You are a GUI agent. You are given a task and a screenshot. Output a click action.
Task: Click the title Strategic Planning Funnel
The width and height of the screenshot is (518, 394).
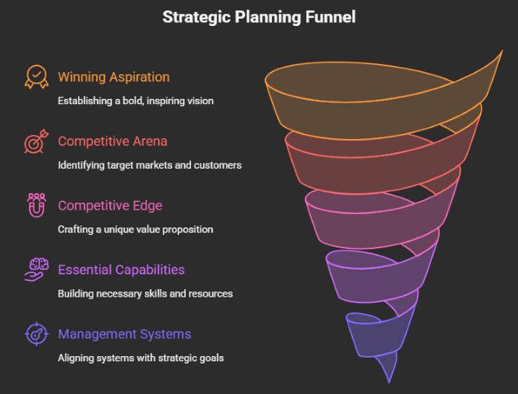tap(259, 17)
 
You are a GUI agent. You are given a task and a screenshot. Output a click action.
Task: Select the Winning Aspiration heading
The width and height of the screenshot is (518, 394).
tap(114, 77)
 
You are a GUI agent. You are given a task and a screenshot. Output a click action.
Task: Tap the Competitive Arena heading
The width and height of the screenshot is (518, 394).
tap(112, 141)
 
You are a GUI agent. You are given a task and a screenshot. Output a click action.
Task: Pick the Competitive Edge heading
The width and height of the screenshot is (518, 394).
tap(110, 206)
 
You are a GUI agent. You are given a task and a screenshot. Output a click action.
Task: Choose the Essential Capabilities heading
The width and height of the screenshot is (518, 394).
tap(121, 270)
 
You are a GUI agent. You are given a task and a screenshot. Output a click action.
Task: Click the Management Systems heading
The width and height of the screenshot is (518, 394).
tap(124, 335)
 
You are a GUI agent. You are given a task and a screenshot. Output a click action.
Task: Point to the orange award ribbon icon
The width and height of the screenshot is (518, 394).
tap(36, 77)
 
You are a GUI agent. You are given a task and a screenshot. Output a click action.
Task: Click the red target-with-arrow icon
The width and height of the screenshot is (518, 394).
tap(36, 141)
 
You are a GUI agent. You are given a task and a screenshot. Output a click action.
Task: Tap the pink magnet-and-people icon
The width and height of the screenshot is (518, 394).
tap(36, 206)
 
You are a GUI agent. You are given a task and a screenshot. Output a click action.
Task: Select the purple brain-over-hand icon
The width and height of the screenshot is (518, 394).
tap(36, 270)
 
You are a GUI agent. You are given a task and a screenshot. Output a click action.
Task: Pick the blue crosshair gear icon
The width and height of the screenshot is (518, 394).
tap(36, 335)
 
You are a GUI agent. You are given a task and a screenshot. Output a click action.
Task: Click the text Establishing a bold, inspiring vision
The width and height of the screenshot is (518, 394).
tap(136, 100)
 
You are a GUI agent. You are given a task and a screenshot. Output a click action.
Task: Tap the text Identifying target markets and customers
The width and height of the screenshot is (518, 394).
tap(149, 165)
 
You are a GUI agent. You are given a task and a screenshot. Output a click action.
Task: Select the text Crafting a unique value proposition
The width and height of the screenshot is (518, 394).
tap(135, 230)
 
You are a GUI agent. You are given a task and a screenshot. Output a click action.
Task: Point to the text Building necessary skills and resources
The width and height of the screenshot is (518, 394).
tap(145, 294)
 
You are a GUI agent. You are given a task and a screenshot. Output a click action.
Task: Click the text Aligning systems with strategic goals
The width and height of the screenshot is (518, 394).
tap(140, 358)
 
